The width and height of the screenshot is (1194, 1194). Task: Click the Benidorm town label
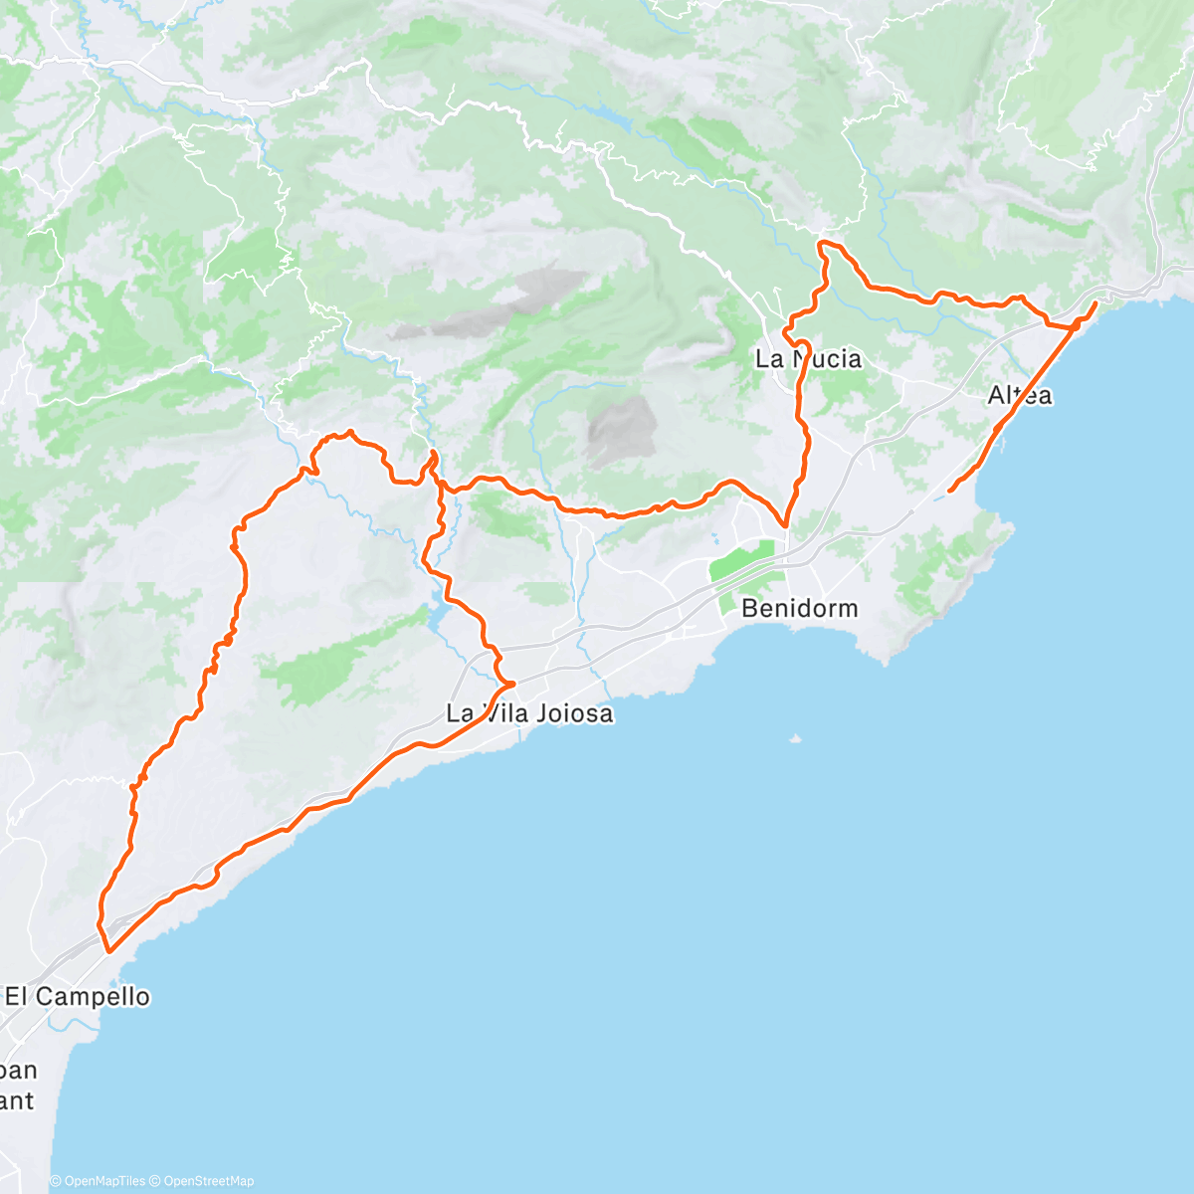[799, 608]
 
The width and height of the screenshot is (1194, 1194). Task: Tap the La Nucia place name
[808, 359]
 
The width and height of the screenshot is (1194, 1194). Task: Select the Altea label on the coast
[1019, 395]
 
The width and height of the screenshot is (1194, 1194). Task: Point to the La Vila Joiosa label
[529, 713]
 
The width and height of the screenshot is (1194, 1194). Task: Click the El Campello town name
[78, 996]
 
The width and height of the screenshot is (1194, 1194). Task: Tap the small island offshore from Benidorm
[794, 738]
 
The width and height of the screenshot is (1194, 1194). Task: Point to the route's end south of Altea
[950, 490]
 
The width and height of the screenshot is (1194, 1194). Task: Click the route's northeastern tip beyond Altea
[1095, 302]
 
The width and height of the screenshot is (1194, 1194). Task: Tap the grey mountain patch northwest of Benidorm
[621, 430]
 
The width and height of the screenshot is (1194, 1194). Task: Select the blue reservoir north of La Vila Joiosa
[438, 617]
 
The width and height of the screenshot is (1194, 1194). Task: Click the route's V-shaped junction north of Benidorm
[785, 524]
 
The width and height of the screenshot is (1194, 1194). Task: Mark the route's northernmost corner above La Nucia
[821, 243]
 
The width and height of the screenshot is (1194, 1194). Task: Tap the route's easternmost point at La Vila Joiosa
[512, 684]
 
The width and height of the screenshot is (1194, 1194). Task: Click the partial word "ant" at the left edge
[17, 1100]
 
